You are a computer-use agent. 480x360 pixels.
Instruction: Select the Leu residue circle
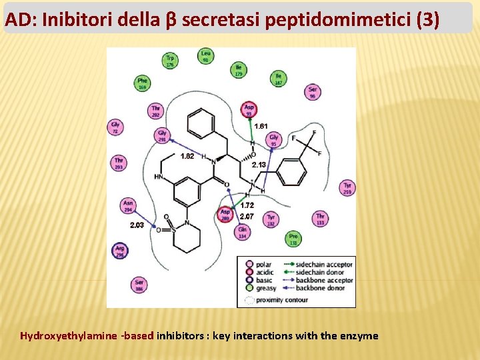[206, 57]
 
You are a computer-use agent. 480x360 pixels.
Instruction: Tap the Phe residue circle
[142, 83]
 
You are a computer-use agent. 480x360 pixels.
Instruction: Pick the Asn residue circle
[128, 206]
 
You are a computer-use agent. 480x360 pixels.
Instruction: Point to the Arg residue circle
[120, 251]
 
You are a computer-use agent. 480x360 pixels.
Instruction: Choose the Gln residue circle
[242, 232]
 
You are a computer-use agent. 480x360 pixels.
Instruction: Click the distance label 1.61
[261, 126]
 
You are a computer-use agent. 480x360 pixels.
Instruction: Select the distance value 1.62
[187, 156]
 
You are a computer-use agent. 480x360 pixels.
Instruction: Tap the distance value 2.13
[259, 164]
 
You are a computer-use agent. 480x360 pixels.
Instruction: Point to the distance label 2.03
[137, 225]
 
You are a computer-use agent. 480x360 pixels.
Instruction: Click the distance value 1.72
[247, 205]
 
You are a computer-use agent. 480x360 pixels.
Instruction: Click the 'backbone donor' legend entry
[324, 288]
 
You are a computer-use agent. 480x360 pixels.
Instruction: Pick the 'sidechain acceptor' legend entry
[325, 265]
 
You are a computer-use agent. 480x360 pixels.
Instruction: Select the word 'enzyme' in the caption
[359, 336]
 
